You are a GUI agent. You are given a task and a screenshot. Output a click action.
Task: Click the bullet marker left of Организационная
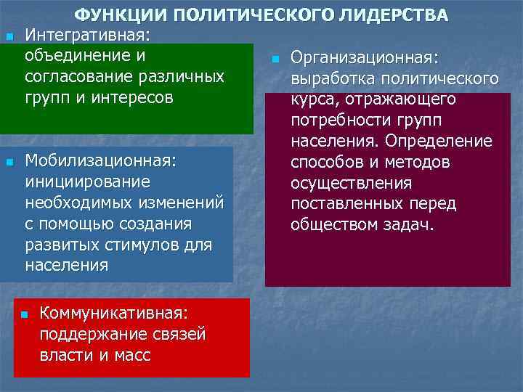pyautogui.click(x=275, y=58)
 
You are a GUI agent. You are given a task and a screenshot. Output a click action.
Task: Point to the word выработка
pyautogui.click(x=325, y=78)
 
